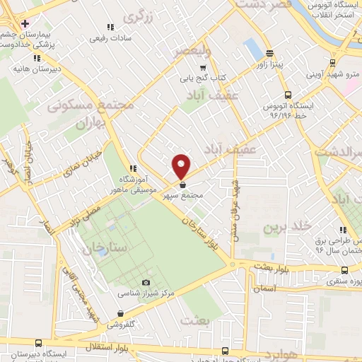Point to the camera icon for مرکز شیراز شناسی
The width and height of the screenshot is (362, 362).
coord(146,283)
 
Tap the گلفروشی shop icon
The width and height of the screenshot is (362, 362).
coord(121,313)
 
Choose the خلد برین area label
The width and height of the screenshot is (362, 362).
coord(287,226)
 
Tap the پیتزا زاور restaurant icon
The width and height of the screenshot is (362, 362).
coord(269,53)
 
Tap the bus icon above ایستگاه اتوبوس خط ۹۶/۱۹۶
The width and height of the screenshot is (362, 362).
coord(286,94)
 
